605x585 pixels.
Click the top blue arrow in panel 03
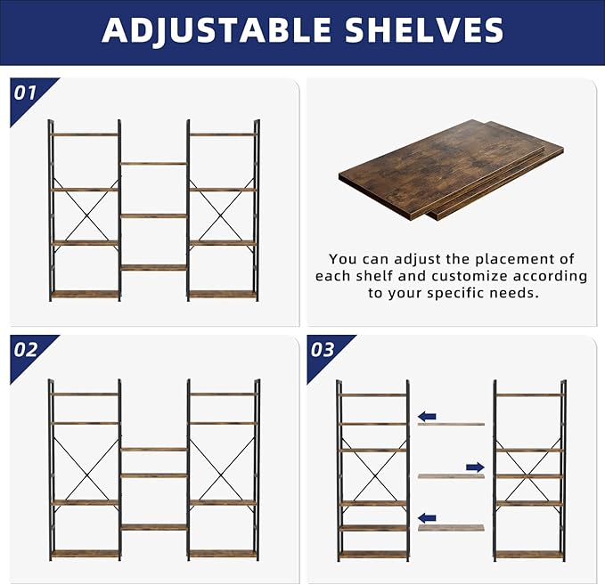click(x=428, y=416)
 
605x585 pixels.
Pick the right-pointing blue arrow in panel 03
click(x=475, y=467)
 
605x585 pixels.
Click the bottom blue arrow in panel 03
click(x=428, y=517)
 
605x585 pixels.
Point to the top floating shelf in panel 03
click(x=451, y=424)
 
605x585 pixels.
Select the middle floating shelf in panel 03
click(x=451, y=476)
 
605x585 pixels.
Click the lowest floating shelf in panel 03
click(x=451, y=528)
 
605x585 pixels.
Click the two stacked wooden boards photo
click(x=450, y=169)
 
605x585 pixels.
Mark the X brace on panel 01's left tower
click(x=86, y=215)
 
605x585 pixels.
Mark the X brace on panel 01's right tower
click(x=222, y=215)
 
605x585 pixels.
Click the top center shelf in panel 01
click(x=153, y=163)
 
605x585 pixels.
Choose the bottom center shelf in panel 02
click(x=153, y=527)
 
